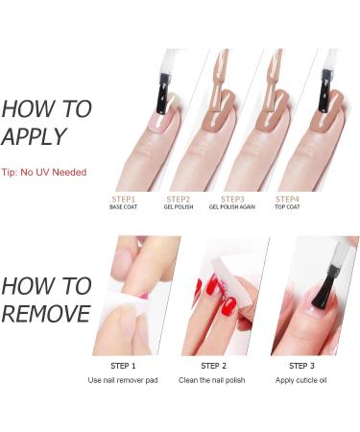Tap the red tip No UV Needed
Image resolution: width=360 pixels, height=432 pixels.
pyautogui.click(x=44, y=172)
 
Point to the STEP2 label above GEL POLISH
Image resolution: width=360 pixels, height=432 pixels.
pyautogui.click(x=179, y=199)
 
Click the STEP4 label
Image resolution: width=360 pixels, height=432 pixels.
pyautogui.click(x=288, y=199)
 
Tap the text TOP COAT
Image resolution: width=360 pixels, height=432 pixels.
pyautogui.click(x=288, y=207)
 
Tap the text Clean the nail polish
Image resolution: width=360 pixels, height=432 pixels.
pyautogui.click(x=214, y=381)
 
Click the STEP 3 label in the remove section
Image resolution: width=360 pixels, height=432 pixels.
pyautogui.click(x=303, y=366)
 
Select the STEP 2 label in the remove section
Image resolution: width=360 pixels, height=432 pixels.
pyautogui.click(x=214, y=366)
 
